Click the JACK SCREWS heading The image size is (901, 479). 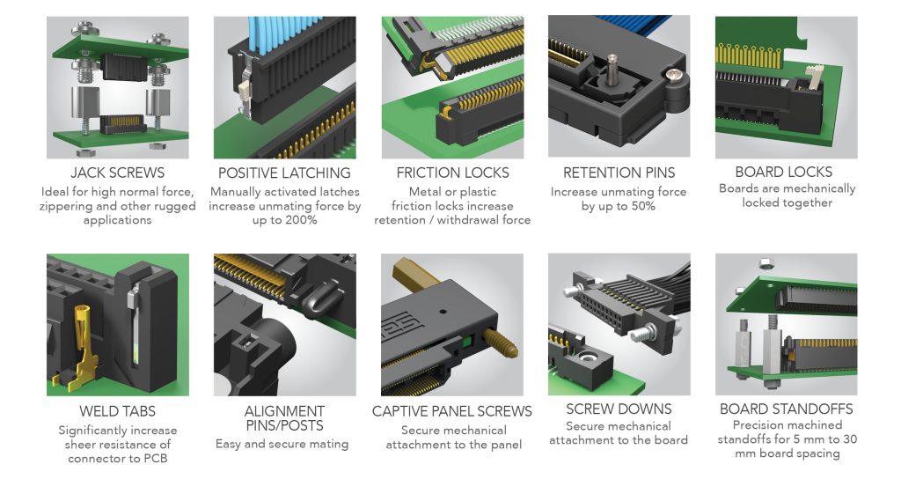pyautogui.click(x=117, y=173)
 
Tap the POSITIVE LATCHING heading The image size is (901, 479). pyautogui.click(x=284, y=173)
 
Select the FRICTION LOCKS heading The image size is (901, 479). pyautogui.click(x=452, y=173)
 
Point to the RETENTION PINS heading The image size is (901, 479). pyautogui.click(x=619, y=173)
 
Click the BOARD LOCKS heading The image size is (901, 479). pyautogui.click(x=787, y=172)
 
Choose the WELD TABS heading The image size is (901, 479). pyautogui.click(x=117, y=410)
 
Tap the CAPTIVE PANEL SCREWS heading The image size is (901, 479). pyautogui.click(x=452, y=411)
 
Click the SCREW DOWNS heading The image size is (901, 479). pyautogui.click(x=619, y=409)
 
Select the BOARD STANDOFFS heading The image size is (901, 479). pyautogui.click(x=787, y=409)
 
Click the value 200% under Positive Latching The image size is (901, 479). pyautogui.click(x=300, y=220)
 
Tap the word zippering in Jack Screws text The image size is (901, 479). pyautogui.click(x=70, y=206)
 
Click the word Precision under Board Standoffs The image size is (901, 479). pyautogui.click(x=746, y=425)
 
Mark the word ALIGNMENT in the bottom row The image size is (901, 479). pyautogui.click(x=284, y=411)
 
